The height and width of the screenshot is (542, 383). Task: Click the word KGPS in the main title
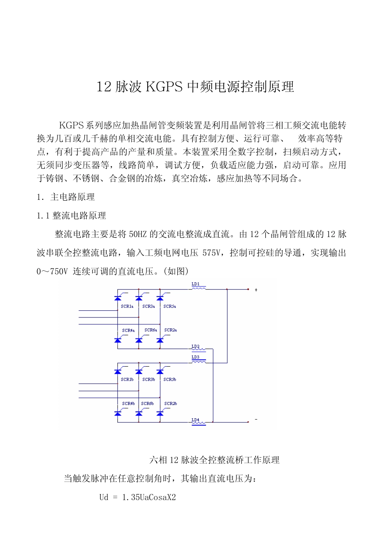point(164,87)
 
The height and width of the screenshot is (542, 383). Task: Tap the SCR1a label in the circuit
point(127,306)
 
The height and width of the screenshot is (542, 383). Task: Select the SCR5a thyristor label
point(169,306)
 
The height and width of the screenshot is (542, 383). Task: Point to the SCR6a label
point(150,330)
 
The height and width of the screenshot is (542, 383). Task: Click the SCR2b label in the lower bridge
point(171,403)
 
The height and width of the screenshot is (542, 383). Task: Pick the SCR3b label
point(148,380)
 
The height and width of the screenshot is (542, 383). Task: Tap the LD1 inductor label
point(196,284)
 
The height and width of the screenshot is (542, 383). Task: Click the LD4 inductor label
point(196,420)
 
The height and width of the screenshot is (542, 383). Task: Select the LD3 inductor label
point(196,357)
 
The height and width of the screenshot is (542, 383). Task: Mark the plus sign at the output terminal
point(256,290)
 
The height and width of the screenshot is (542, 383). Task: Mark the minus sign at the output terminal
point(256,419)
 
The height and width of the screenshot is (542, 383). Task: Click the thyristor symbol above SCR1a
point(118,298)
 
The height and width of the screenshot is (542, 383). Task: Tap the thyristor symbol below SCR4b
point(118,413)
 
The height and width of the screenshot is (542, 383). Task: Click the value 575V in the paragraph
point(212,253)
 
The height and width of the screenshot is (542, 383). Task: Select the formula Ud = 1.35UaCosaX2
point(137,497)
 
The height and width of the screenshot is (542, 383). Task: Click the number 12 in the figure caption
point(174,460)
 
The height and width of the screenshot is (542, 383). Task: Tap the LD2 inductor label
point(196,347)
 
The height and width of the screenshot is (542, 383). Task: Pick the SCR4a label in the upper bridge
point(128,330)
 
